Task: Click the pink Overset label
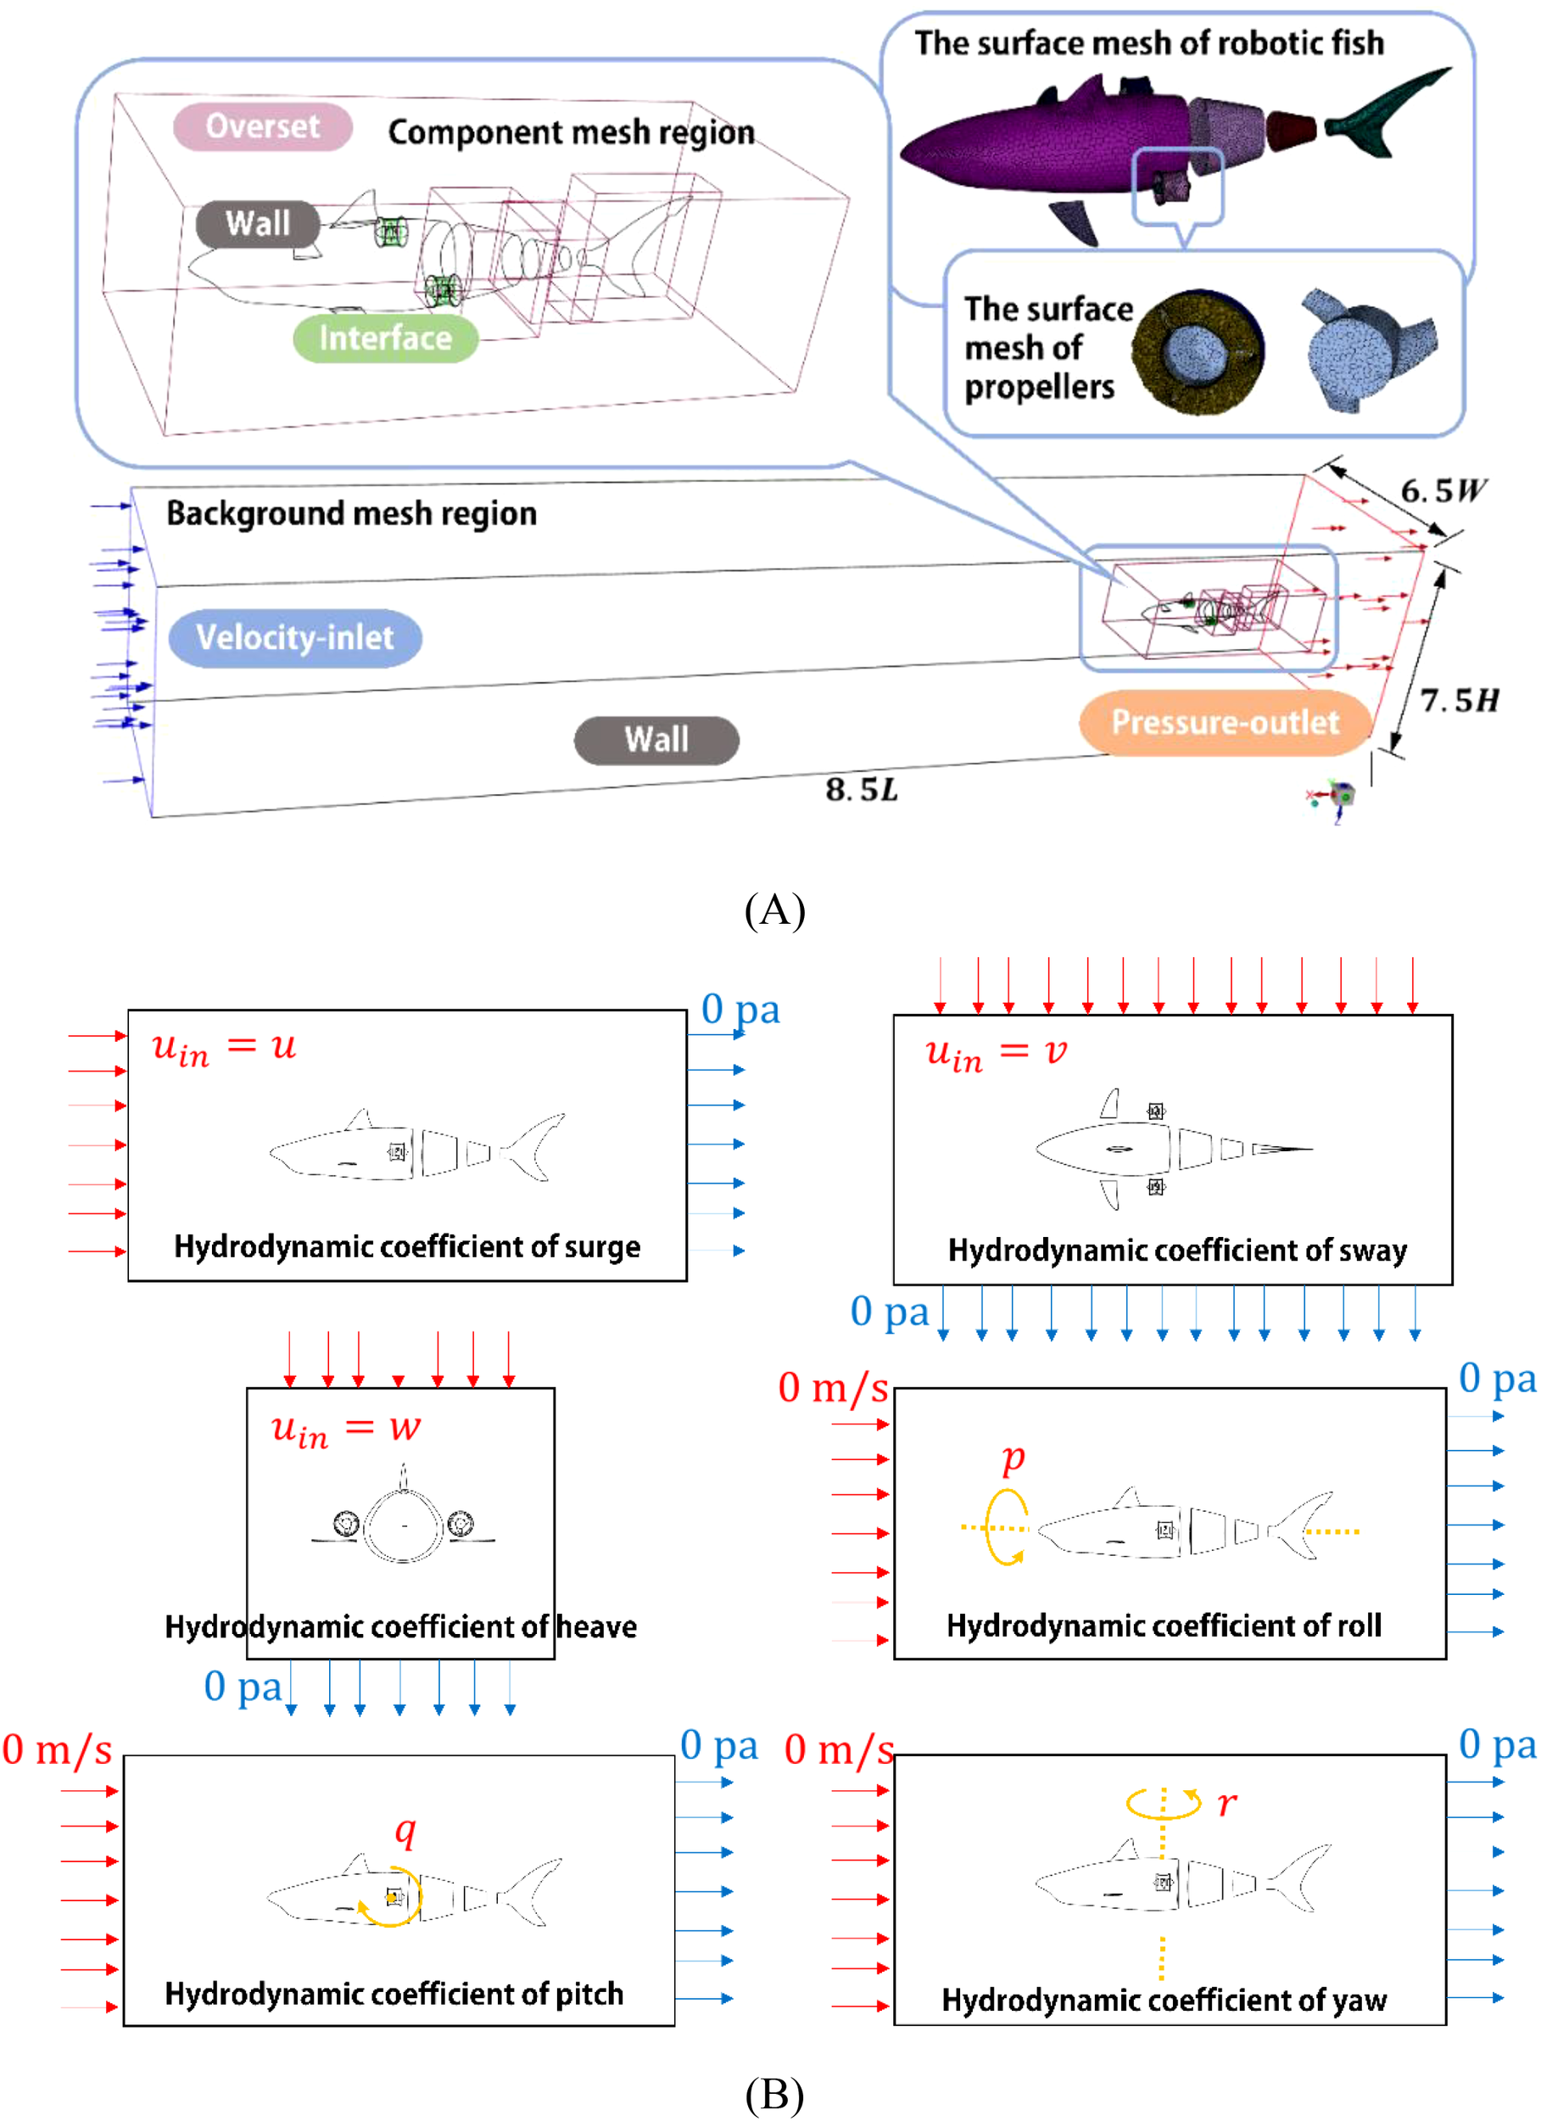coord(262,126)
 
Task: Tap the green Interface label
coord(384,338)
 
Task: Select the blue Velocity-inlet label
coord(294,638)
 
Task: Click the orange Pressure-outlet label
coord(1224,722)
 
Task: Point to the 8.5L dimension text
coord(861,790)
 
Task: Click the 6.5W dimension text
coord(1441,490)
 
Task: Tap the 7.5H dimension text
coord(1458,700)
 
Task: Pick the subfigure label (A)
coord(774,909)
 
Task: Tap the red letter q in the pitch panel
coord(405,1829)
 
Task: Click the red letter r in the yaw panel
coord(1226,1802)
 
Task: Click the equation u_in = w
coord(345,1428)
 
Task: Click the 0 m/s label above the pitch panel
coord(57,1749)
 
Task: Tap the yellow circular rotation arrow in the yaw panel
coord(1162,1802)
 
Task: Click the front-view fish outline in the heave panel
coord(403,1525)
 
